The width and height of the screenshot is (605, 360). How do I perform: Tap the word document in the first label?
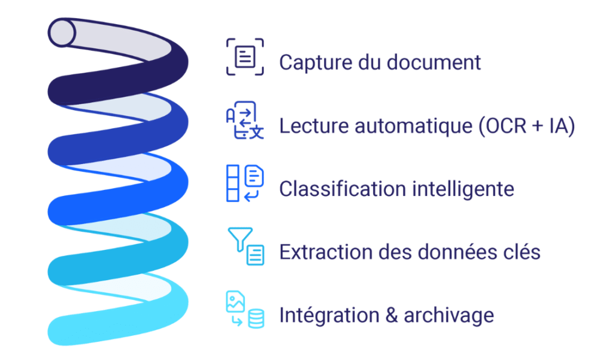coord(434,62)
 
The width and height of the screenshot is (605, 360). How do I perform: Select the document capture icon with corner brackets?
coord(245,57)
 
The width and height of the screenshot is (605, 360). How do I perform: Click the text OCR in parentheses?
coord(506,126)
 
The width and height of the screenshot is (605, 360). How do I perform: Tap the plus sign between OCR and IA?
coord(538,126)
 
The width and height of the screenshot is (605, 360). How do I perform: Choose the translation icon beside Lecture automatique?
coord(245,120)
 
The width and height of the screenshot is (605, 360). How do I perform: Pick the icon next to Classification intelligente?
coord(245,183)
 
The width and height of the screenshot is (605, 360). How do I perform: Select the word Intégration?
coord(330,316)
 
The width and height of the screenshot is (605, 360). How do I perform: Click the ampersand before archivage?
coord(391,315)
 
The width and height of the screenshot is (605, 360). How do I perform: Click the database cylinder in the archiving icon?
coord(256,319)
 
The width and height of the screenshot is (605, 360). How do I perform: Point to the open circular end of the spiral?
coord(62,33)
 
